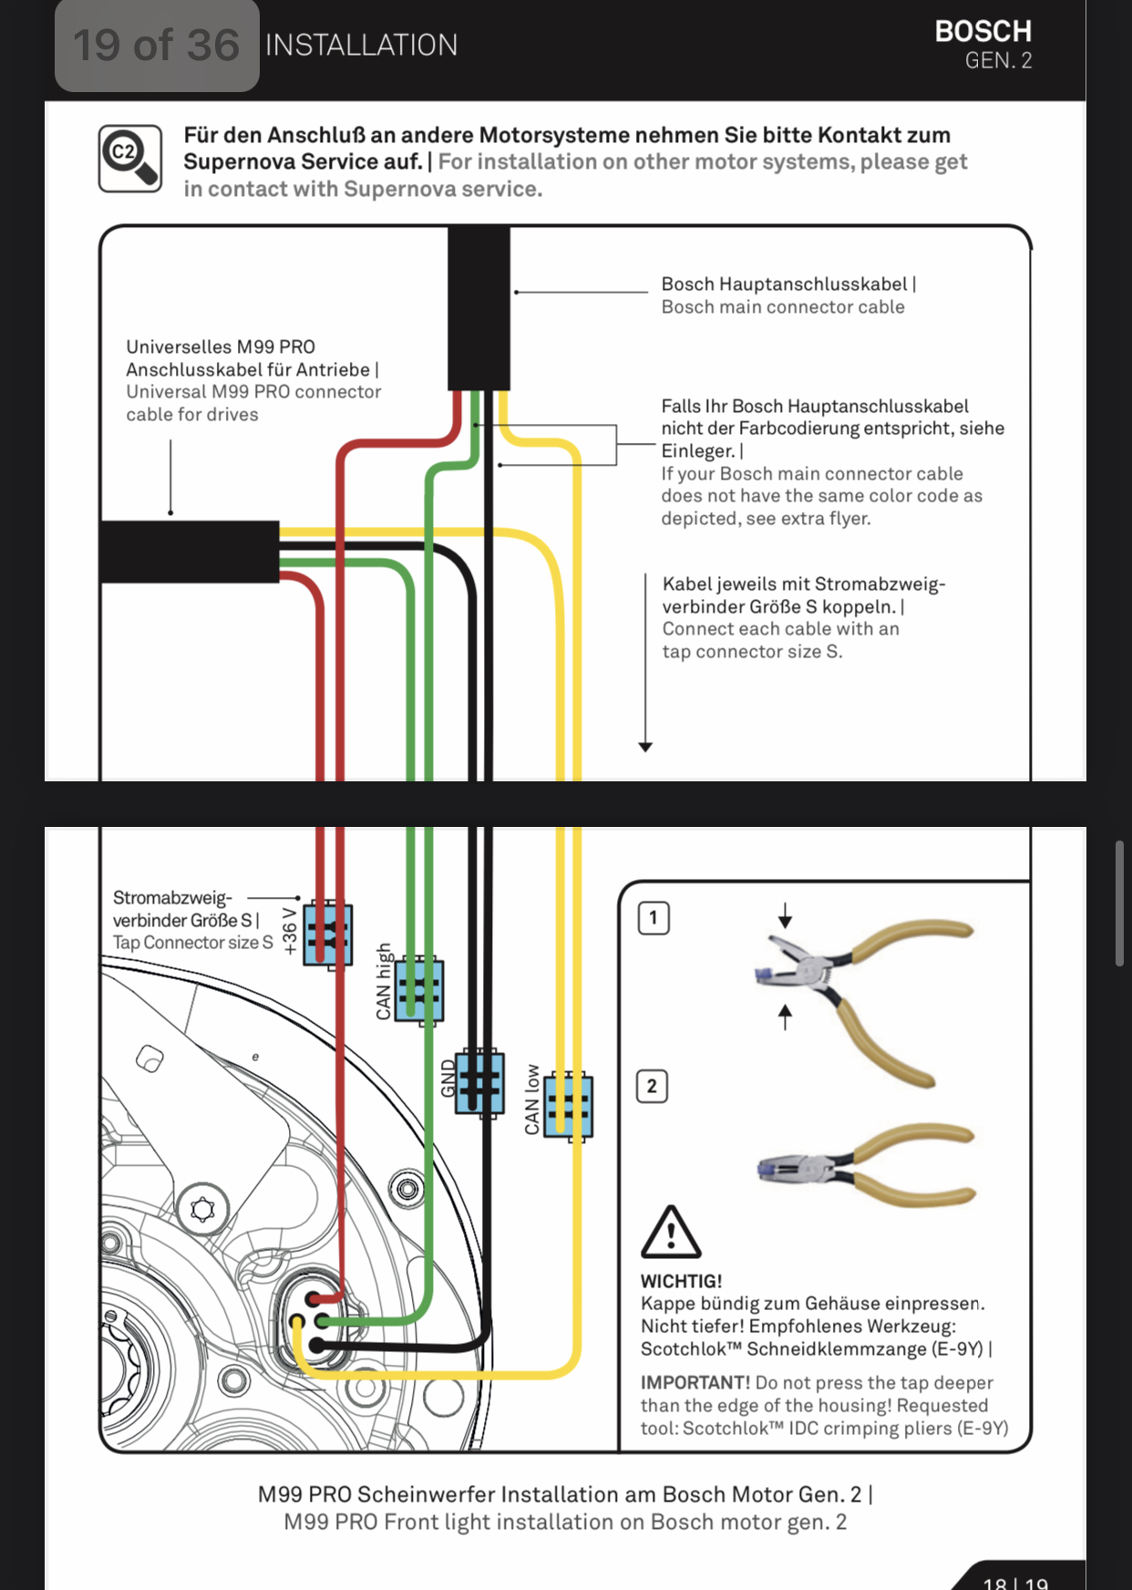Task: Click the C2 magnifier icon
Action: tap(130, 159)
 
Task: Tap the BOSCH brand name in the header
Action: tap(983, 32)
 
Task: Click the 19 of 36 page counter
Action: tap(156, 46)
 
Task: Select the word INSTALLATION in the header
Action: tap(361, 46)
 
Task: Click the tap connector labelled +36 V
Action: tap(328, 934)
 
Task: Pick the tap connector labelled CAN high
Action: tap(419, 991)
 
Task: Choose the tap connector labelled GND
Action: tap(479, 1082)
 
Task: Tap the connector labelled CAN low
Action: tap(569, 1106)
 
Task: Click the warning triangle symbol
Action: tap(671, 1233)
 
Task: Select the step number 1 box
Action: tap(653, 918)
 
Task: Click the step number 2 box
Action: tap(652, 1086)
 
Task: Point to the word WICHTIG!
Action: tap(681, 1281)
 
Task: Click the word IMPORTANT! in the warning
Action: tap(695, 1383)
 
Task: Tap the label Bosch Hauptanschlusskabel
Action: tap(785, 284)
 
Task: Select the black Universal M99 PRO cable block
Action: tap(190, 552)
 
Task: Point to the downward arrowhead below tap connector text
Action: tap(645, 747)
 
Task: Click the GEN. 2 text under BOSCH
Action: tap(998, 61)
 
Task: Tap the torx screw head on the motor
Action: tap(202, 1210)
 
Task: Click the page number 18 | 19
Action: tap(1014, 1582)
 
